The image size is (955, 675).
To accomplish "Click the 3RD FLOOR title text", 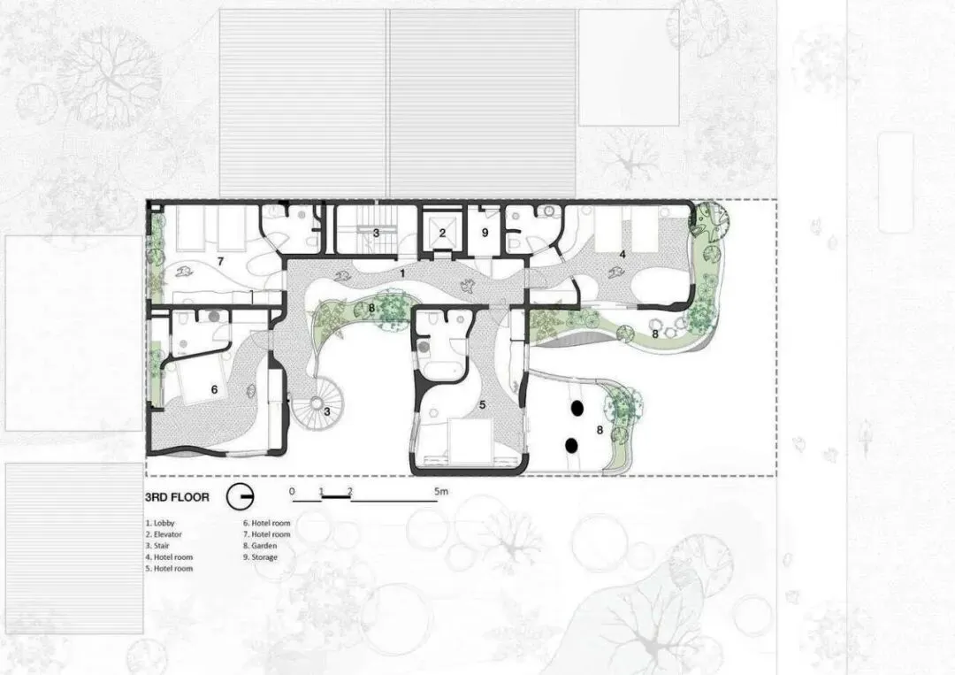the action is tap(177, 497).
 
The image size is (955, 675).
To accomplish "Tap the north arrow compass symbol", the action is tap(240, 497).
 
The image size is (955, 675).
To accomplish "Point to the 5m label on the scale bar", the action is tap(441, 491).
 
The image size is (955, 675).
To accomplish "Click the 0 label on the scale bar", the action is tap(292, 491).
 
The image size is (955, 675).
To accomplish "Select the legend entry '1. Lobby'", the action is tap(159, 523).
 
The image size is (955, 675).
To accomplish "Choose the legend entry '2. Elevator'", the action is tap(164, 534).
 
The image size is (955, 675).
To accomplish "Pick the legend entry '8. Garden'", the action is tap(260, 546).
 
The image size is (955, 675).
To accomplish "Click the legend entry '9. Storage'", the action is tap(260, 556).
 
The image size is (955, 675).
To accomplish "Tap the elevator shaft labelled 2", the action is tap(442, 232).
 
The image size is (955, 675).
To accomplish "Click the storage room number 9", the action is tap(485, 233).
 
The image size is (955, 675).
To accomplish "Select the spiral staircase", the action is tap(316, 402).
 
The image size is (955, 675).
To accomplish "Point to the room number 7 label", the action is tap(220, 261).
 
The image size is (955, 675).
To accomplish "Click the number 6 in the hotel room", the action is tap(214, 389).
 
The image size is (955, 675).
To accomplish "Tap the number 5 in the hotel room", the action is tap(483, 404).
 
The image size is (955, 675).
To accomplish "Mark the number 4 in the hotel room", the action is tap(623, 254).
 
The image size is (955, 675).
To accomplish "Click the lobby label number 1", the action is tap(402, 273).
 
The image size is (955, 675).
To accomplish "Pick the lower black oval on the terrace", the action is tap(572, 446).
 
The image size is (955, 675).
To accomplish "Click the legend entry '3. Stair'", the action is tap(157, 546).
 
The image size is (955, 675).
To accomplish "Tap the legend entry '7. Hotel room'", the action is tap(267, 534).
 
